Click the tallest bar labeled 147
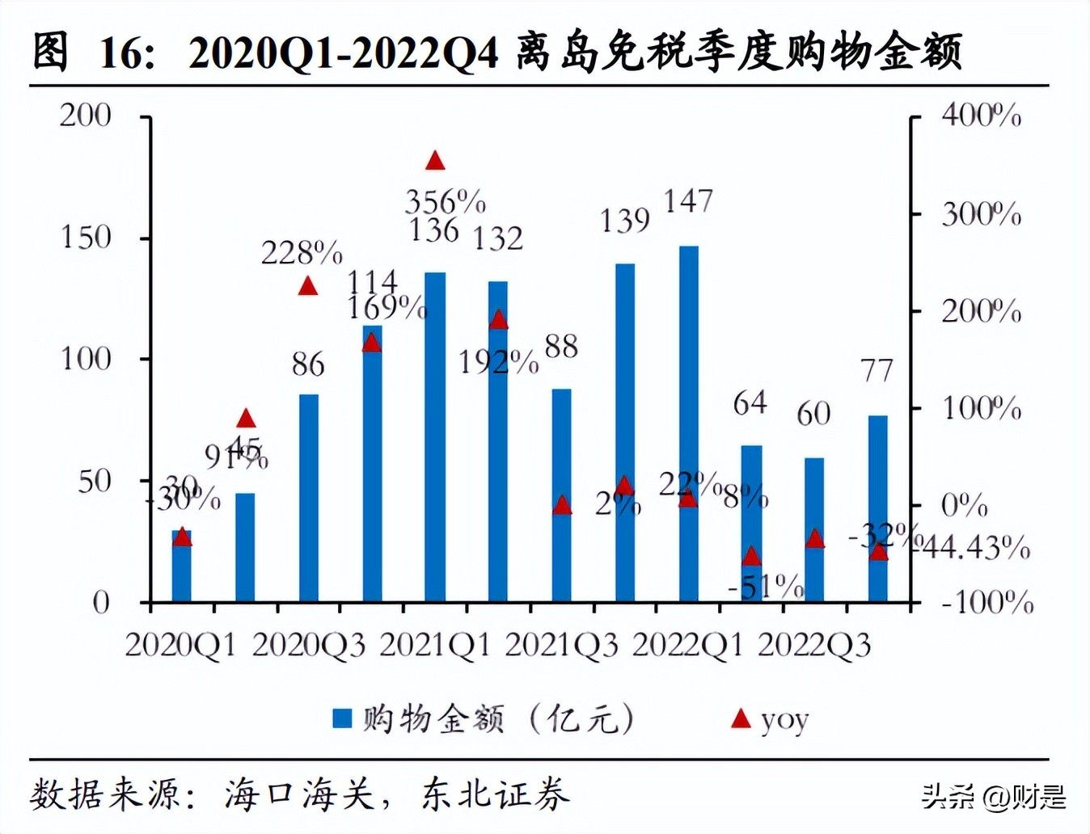tap(688, 423)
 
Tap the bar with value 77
tap(877, 508)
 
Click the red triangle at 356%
tap(435, 161)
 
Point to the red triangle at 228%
tap(307, 286)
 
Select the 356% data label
tap(445, 201)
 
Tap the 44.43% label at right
tap(976, 548)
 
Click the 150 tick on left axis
tap(86, 238)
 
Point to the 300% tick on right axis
tap(980, 215)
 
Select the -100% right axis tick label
tap(986, 602)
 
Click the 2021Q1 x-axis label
tap(435, 646)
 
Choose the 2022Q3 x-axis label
tap(813, 646)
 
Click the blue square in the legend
tap(342, 718)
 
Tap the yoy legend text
tap(784, 719)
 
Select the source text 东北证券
tap(495, 794)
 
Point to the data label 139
tap(624, 221)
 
